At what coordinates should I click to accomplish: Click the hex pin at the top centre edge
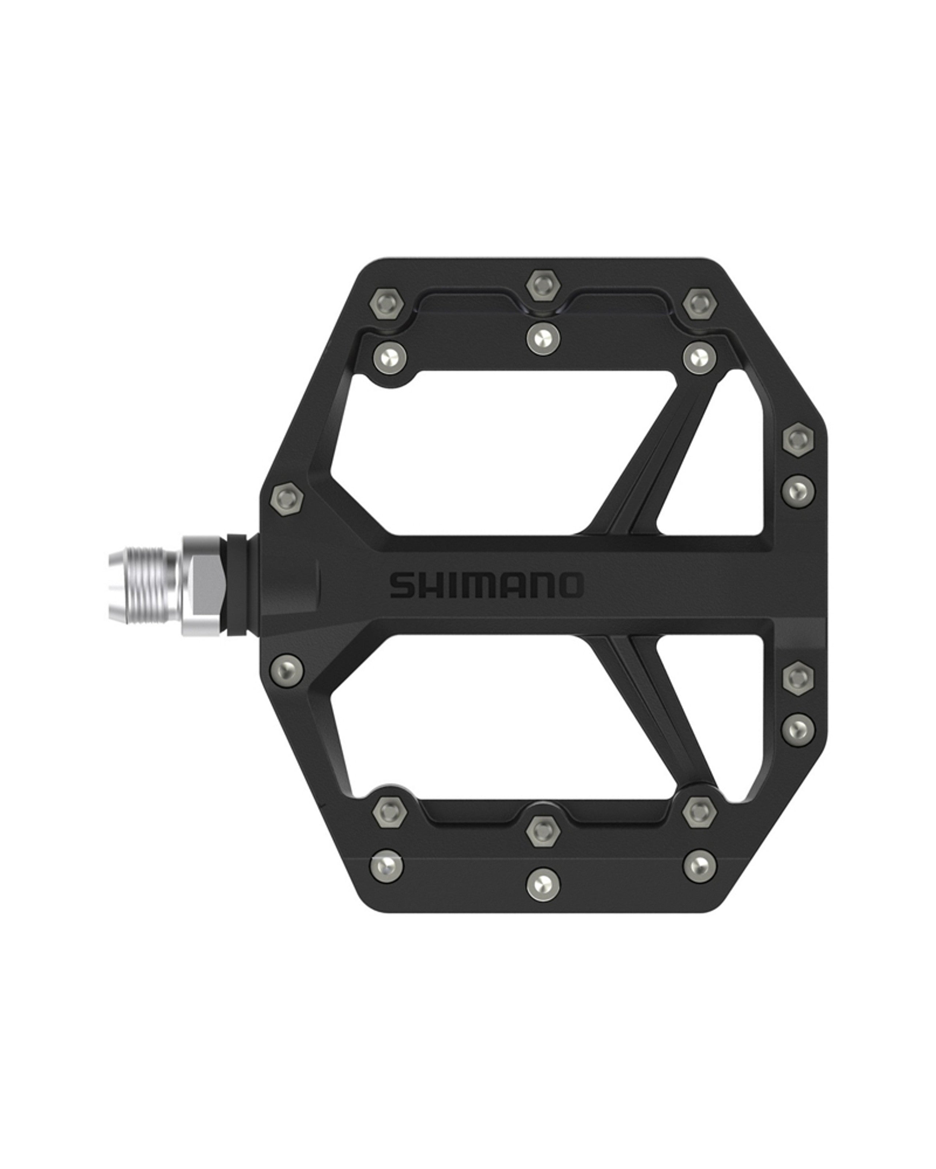543,284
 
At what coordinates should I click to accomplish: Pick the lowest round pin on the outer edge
798,729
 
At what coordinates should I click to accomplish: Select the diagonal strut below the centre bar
651,705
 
